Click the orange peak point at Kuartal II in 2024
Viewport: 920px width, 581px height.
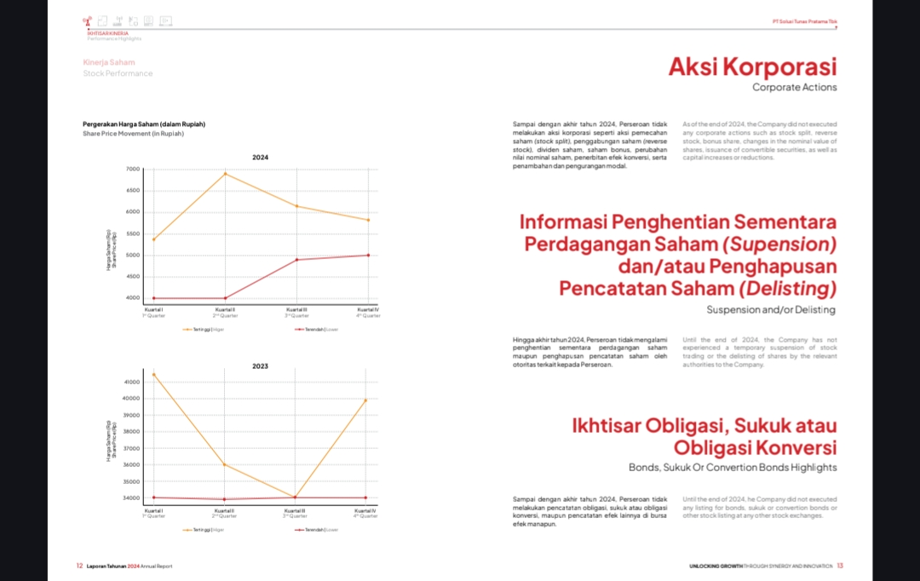[225, 174]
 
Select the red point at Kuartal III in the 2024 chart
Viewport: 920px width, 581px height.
[296, 259]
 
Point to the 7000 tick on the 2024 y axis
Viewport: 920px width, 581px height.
[133, 169]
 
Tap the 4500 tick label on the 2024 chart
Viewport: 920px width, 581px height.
[133, 277]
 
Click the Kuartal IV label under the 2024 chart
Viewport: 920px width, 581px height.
[368, 309]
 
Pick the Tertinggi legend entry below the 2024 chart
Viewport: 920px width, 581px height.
[203, 328]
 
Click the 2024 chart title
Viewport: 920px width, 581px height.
[261, 158]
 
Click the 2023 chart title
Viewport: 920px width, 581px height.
[261, 366]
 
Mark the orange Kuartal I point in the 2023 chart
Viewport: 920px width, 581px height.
[154, 374]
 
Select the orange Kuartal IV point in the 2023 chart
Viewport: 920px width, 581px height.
[366, 400]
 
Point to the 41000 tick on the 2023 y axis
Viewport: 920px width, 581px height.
[132, 382]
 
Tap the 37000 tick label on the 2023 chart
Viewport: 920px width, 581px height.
[132, 448]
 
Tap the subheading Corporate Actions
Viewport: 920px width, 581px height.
[794, 87]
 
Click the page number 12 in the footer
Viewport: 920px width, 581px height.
[79, 566]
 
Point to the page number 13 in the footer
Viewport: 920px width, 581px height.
[839, 566]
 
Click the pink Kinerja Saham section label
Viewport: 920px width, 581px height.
[108, 62]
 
